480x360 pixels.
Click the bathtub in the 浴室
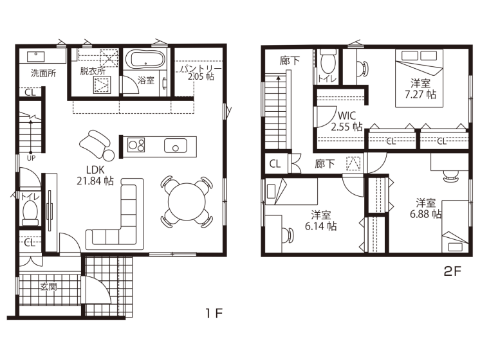[145, 59]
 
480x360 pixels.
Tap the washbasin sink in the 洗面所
[36, 56]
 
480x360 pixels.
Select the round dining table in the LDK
[187, 202]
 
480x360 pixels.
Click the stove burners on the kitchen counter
[136, 145]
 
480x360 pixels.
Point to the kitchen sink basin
[176, 145]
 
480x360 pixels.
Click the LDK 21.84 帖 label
[95, 175]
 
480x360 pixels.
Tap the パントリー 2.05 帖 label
[201, 73]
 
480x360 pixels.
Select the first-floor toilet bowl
[30, 212]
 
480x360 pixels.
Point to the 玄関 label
[49, 287]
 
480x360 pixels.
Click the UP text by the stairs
[32, 158]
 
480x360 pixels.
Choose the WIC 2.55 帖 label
[347, 121]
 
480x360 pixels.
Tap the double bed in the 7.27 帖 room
[419, 78]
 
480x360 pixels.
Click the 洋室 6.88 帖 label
[425, 208]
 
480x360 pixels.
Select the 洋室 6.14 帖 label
[321, 221]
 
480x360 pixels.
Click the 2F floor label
[452, 271]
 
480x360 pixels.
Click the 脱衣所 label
[93, 71]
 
